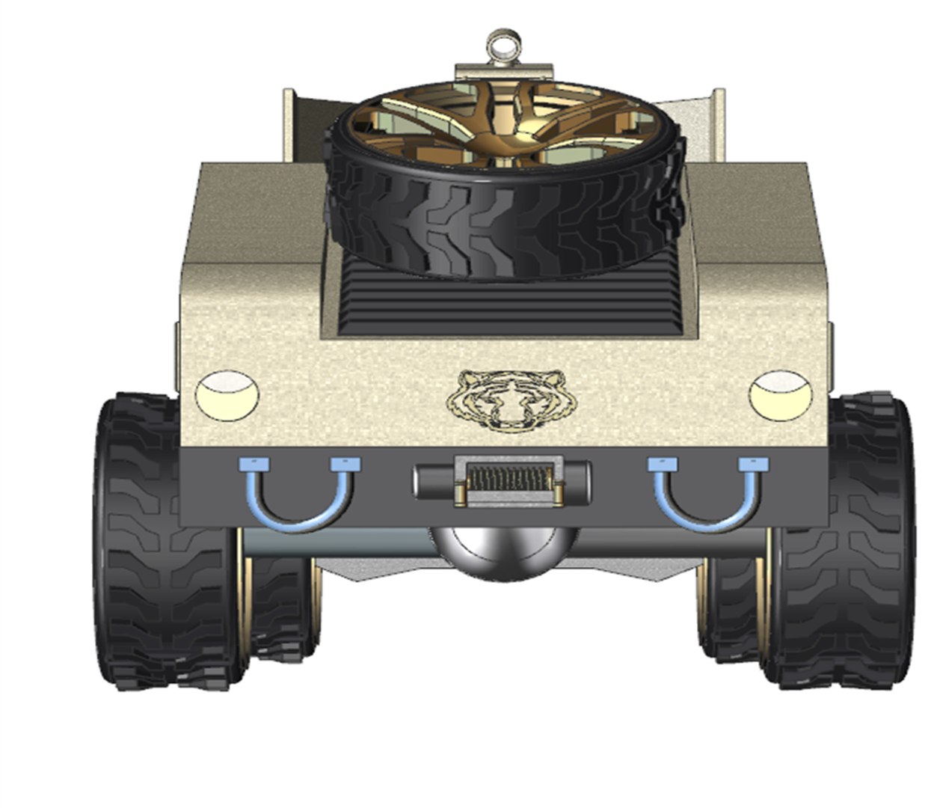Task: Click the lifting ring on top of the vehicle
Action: point(501,44)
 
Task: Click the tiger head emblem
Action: point(512,400)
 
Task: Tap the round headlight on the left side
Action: point(227,394)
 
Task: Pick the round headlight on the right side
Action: point(780,394)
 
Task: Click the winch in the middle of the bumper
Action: point(501,482)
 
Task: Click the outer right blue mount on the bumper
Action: point(754,465)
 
